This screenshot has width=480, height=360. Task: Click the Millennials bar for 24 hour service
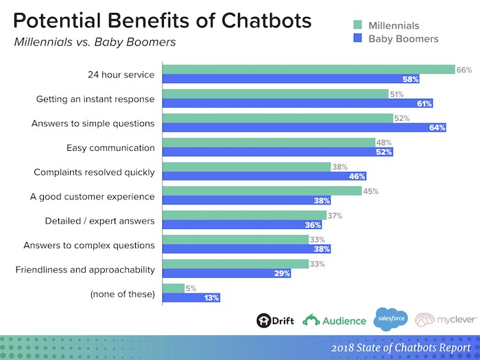coord(309,69)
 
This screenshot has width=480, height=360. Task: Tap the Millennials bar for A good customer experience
coord(262,191)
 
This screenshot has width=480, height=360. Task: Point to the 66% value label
coord(465,69)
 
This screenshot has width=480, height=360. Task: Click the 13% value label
coord(211,297)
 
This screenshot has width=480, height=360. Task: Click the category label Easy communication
coord(110,147)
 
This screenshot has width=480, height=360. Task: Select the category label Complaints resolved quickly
coord(95,171)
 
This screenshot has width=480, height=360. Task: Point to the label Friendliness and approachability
coord(85,269)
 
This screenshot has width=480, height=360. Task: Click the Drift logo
coord(272,320)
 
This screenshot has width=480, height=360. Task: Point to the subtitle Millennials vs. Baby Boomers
coord(95,43)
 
